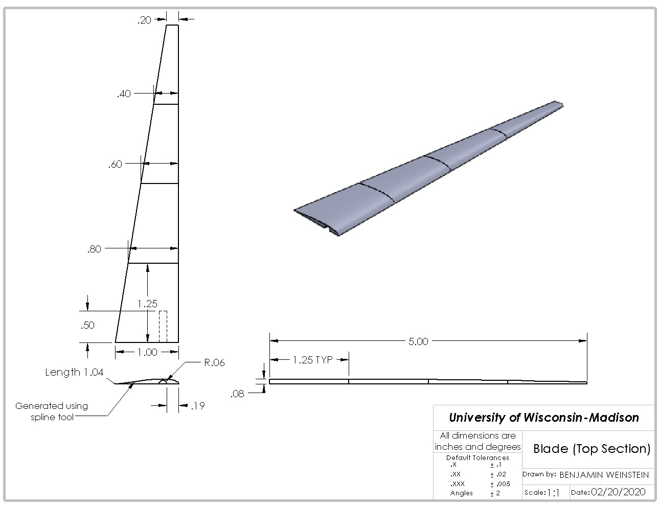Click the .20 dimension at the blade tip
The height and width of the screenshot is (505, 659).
(144, 20)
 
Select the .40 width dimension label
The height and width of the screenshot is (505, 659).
(124, 94)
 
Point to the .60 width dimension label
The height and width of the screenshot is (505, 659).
(115, 164)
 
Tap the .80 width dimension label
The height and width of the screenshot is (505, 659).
(94, 249)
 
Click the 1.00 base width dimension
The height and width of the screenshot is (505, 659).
(147, 352)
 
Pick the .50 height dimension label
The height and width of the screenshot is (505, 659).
(87, 325)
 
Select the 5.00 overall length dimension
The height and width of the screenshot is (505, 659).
(418, 341)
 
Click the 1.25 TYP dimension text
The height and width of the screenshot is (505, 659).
(313, 360)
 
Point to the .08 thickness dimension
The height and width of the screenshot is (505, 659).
(237, 394)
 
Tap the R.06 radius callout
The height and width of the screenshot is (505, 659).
(214, 362)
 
